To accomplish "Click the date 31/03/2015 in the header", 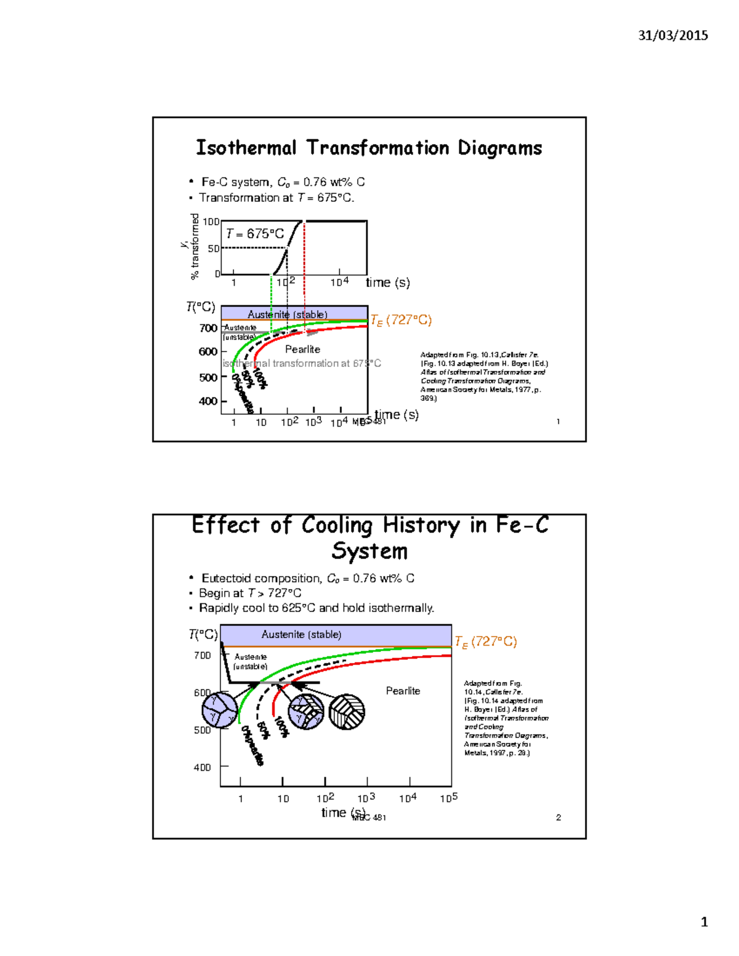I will [672, 35].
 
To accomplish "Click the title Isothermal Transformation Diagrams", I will [369, 148].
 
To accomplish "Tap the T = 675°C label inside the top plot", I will [255, 234].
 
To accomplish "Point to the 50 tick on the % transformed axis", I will [213, 249].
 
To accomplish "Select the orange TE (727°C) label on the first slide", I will [401, 320].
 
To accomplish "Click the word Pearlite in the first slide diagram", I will [302, 349].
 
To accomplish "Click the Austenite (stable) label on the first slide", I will [288, 315].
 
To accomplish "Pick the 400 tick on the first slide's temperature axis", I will [208, 401].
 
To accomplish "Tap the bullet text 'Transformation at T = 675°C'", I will [277, 198].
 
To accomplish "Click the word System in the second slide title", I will [369, 551].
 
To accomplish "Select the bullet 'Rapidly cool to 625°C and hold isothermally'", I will [317, 608].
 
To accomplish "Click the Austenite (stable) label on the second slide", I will [301, 635].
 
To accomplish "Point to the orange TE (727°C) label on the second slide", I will [486, 641].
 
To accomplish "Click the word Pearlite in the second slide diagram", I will [403, 691].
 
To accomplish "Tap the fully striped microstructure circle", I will [347, 712].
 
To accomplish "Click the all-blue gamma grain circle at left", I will [220, 709].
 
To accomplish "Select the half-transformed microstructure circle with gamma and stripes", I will [306, 712].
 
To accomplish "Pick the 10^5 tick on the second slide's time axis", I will [449, 798].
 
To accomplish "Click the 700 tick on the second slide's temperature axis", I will [203, 656].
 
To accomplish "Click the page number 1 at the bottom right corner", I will [704, 922].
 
